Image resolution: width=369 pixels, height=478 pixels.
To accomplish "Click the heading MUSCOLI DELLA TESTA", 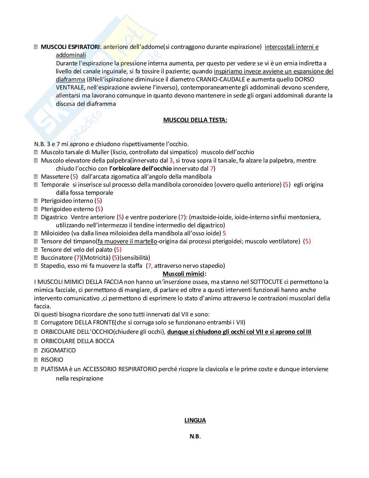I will coord(195,120).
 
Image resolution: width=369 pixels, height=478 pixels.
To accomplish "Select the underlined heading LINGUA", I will coord(195,420).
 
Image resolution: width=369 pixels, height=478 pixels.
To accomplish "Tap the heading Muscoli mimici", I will coord(184,274).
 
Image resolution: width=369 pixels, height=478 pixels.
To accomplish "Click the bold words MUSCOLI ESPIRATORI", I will coord(70,47).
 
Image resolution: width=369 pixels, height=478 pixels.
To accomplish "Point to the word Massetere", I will coord(55,177).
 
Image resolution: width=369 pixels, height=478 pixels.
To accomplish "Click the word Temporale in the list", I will coord(55,185).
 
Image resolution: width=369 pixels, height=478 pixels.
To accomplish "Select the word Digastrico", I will coord(54,217).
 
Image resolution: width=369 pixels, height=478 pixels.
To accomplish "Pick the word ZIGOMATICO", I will coord(58,351).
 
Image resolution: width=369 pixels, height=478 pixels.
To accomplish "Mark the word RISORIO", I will coord(52,360).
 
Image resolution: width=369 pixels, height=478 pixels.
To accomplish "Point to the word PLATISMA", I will coord(54,369).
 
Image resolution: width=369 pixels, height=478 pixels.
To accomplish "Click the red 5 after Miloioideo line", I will coord(224,233).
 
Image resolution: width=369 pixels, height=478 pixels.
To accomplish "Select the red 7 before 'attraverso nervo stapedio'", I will coord(149,266).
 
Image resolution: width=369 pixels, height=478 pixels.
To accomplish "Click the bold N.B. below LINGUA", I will coord(195,436).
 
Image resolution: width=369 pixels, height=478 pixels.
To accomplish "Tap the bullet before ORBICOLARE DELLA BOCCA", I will coord(36,341).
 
